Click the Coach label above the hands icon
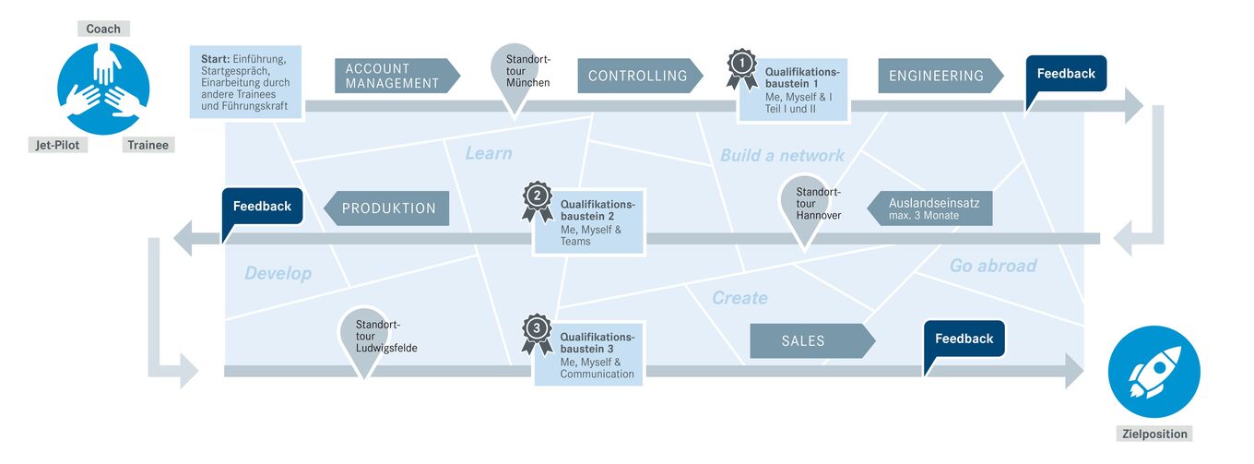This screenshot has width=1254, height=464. point(103,29)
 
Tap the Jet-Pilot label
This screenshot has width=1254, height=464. point(56,145)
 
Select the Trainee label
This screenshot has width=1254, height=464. point(148,145)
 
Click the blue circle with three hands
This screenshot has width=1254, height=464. point(102,89)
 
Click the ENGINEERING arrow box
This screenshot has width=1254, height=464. point(938,76)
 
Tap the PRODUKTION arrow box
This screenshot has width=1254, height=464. point(387,208)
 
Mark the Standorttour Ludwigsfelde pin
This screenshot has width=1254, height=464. point(367,337)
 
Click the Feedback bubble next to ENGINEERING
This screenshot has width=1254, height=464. point(1066,74)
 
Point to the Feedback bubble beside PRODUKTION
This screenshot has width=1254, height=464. point(262,207)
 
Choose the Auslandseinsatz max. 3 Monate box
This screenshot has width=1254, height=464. point(929,208)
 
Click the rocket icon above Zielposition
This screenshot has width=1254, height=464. point(1153,372)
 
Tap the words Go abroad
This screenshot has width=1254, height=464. point(993,266)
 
